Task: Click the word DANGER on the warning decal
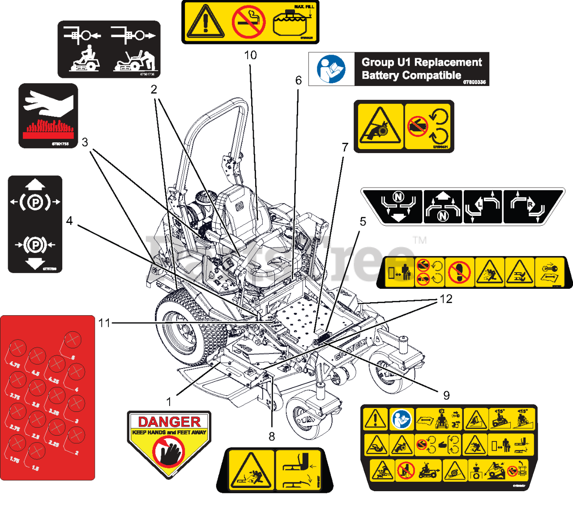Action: point(169,422)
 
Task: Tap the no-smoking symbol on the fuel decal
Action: point(248,21)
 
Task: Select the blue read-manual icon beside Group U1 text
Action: point(331,69)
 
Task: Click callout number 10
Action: point(250,55)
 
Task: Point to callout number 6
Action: point(299,80)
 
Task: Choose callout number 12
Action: point(446,299)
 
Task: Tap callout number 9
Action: point(446,395)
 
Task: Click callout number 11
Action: point(104,322)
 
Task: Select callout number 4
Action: point(69,221)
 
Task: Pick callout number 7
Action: point(345,147)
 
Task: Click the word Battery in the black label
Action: point(380,75)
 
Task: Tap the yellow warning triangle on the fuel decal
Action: point(205,22)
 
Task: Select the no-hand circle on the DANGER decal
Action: point(168,452)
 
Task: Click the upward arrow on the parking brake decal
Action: point(35,184)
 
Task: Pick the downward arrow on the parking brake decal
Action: point(35,263)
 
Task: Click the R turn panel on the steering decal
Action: point(528,206)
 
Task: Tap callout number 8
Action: point(272,436)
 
